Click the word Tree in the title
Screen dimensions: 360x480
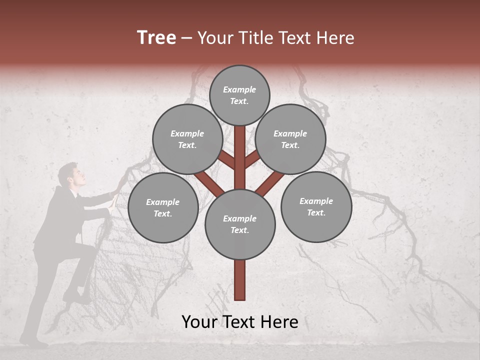point(156,37)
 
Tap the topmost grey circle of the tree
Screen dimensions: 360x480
point(239,95)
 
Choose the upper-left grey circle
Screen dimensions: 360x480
point(187,139)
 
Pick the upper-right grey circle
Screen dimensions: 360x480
point(290,139)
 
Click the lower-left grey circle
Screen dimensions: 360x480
point(163,208)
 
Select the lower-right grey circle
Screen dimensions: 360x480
point(316,207)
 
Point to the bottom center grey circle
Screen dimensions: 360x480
point(240,224)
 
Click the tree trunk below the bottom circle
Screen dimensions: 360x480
point(240,280)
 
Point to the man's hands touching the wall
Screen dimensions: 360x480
point(115,197)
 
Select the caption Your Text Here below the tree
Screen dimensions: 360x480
point(240,322)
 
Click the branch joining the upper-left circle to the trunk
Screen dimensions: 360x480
point(226,160)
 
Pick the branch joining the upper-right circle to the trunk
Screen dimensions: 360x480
point(253,160)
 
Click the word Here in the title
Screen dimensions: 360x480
point(335,38)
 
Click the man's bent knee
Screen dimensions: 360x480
point(90,250)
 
